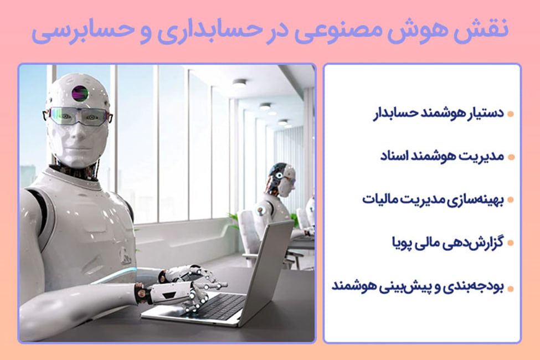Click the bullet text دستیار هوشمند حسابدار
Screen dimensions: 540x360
click(x=439, y=114)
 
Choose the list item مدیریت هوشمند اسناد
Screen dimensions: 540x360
click(x=442, y=156)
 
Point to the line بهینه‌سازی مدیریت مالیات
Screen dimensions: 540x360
click(x=433, y=199)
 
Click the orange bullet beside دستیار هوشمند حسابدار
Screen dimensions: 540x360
click(x=511, y=114)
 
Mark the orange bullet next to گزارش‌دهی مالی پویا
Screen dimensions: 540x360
click(x=511, y=243)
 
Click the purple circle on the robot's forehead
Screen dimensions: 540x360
click(x=80, y=93)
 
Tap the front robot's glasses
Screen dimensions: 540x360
click(x=78, y=116)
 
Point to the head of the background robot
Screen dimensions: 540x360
click(x=281, y=179)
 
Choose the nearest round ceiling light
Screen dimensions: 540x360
click(x=239, y=83)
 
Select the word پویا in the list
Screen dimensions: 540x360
click(x=402, y=243)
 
